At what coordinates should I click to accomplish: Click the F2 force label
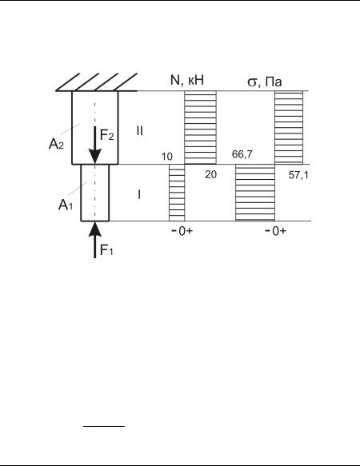click(107, 136)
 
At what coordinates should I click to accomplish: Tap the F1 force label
click(106, 250)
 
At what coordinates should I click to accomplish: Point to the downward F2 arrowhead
click(95, 157)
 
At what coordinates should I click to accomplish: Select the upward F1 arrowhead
click(95, 229)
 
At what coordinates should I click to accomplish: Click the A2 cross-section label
click(56, 145)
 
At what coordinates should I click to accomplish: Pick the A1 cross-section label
click(66, 205)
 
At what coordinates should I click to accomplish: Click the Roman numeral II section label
click(139, 131)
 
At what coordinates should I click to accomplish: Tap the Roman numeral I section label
click(139, 195)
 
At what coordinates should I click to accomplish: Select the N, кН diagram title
click(187, 80)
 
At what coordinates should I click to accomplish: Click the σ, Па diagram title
click(265, 82)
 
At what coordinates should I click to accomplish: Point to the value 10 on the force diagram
click(167, 157)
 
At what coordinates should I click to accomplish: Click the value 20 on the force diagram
click(210, 175)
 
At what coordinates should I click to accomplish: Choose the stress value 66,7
click(242, 154)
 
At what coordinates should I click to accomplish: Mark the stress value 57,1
click(298, 175)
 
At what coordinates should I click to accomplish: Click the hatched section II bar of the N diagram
click(200, 128)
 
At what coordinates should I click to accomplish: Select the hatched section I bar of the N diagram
click(177, 193)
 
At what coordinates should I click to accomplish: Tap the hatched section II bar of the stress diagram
click(289, 128)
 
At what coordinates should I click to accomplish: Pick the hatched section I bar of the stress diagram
click(255, 193)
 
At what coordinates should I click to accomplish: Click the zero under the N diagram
click(182, 231)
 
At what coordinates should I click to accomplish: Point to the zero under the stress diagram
click(276, 231)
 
